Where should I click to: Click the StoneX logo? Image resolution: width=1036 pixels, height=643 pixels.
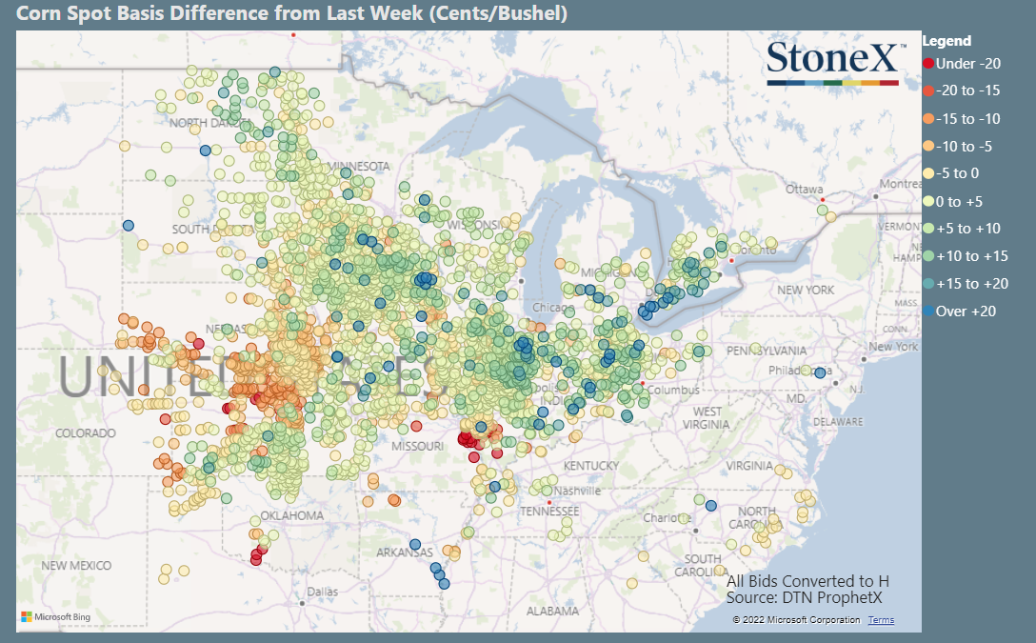(832, 62)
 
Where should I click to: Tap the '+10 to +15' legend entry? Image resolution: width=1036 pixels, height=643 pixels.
(970, 256)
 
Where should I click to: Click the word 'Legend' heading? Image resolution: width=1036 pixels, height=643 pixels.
(946, 41)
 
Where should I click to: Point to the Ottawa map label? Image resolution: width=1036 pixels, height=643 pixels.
(804, 189)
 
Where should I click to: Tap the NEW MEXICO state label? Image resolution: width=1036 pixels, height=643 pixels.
(76, 565)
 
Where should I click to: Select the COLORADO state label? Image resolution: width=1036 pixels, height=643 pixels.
(85, 432)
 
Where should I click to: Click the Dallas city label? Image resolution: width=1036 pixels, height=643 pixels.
(323, 592)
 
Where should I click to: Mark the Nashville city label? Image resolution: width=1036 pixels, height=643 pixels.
(578, 491)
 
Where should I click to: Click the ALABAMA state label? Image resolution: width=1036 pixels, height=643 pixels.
(552, 611)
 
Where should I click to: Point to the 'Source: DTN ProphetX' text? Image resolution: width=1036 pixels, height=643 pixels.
(804, 598)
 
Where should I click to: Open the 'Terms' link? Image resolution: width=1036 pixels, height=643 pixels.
(881, 620)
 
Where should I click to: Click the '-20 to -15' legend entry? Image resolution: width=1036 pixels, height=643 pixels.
(967, 91)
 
